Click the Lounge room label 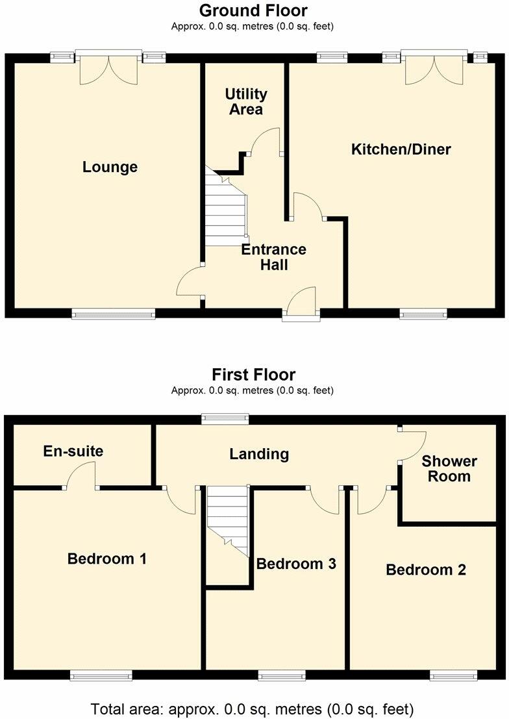click(110, 167)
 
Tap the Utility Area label click(246, 102)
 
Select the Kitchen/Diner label click(401, 150)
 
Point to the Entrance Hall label click(274, 257)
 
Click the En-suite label click(73, 451)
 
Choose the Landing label click(259, 453)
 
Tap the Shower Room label click(449, 468)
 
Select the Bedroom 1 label click(107, 558)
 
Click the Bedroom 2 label click(426, 570)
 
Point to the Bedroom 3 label click(296, 563)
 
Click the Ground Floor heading click(253, 10)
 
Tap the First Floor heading click(253, 375)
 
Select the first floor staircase click(228, 520)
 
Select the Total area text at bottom click(252, 708)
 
